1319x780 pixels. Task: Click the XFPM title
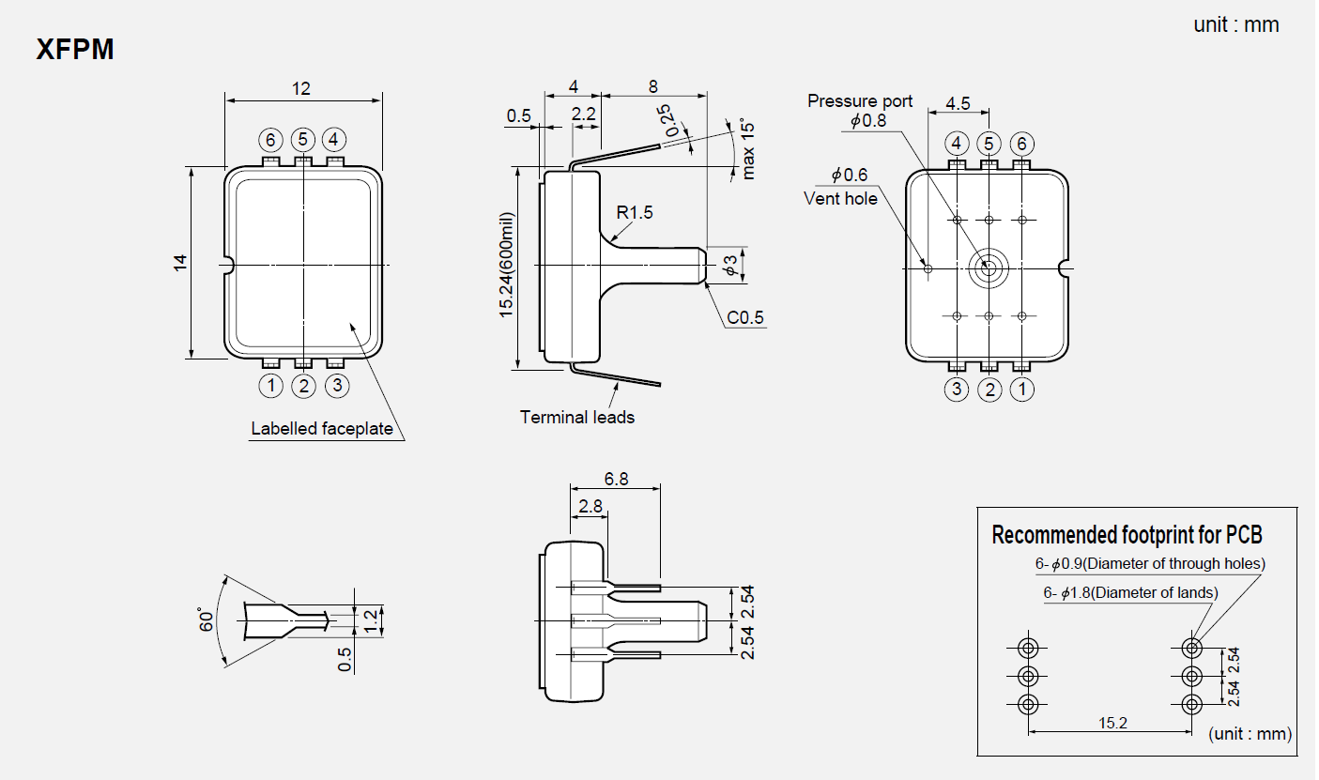point(75,50)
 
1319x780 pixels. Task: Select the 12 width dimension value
point(300,88)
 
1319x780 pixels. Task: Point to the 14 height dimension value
point(180,263)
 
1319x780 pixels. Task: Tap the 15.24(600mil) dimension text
point(507,266)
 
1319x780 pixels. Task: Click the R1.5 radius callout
point(634,213)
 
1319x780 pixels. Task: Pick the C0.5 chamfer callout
point(745,318)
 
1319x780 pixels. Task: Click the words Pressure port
point(860,101)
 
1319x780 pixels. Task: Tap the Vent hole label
point(840,198)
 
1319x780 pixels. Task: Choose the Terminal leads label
point(577,417)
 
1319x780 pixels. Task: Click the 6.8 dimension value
point(616,479)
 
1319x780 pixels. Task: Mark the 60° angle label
point(207,619)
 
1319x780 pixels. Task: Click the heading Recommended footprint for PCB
point(1127,535)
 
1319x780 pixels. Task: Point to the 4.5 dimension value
point(958,103)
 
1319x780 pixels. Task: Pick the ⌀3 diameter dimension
point(732,265)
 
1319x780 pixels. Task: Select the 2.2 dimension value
point(584,113)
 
